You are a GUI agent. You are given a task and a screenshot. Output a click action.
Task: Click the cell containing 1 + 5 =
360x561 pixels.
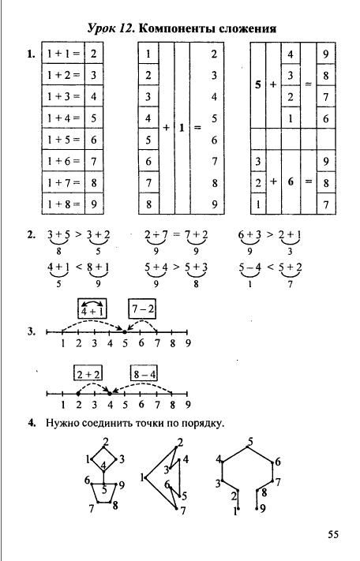tap(63, 139)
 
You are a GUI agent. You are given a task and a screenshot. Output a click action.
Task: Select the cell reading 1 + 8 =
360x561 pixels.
tap(63, 204)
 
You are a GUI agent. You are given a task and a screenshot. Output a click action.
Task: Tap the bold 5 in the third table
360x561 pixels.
tap(258, 84)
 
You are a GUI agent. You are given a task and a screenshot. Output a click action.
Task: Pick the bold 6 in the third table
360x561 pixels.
tap(291, 181)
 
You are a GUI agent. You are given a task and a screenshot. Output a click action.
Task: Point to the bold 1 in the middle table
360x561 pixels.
tap(182, 128)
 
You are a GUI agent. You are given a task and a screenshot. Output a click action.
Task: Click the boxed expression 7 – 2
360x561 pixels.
tap(142, 309)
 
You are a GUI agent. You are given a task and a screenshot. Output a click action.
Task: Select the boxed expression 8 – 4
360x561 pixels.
tap(144, 374)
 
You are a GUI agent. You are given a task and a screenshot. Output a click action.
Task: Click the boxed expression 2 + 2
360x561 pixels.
tap(88, 374)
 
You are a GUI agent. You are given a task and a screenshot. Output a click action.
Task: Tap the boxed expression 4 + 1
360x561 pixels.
tap(92, 309)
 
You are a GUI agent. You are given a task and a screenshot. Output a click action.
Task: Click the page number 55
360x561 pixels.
tap(333, 534)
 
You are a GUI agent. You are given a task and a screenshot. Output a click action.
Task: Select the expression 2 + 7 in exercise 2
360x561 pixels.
tap(156, 234)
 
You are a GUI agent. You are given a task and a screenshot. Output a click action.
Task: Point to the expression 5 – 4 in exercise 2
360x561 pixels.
tap(249, 267)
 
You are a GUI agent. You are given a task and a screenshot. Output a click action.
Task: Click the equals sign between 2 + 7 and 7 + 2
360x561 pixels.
tap(176, 235)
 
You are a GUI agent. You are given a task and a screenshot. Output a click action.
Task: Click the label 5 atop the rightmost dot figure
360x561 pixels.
tap(250, 442)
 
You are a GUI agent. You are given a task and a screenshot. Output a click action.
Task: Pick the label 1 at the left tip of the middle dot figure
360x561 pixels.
tap(142, 477)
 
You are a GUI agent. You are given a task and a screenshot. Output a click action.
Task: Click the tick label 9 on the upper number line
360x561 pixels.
tap(188, 343)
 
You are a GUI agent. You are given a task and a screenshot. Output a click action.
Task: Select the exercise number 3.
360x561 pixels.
tap(32, 331)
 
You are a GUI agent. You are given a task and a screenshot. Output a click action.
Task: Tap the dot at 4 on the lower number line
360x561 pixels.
tap(110, 394)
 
